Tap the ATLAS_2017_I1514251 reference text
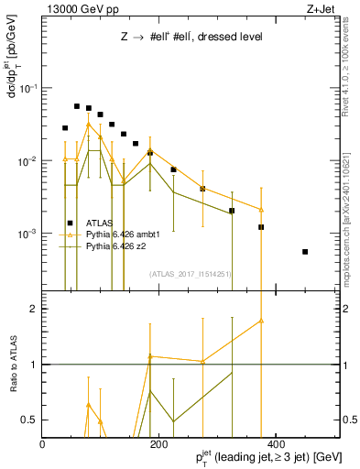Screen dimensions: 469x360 point(190,273)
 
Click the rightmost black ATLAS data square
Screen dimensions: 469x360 point(305,251)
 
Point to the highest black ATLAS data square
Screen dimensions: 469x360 point(77,106)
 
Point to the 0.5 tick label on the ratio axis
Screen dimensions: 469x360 point(28,419)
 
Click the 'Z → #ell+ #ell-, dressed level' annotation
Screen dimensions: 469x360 point(191,38)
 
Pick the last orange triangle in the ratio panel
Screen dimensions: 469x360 point(261,321)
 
